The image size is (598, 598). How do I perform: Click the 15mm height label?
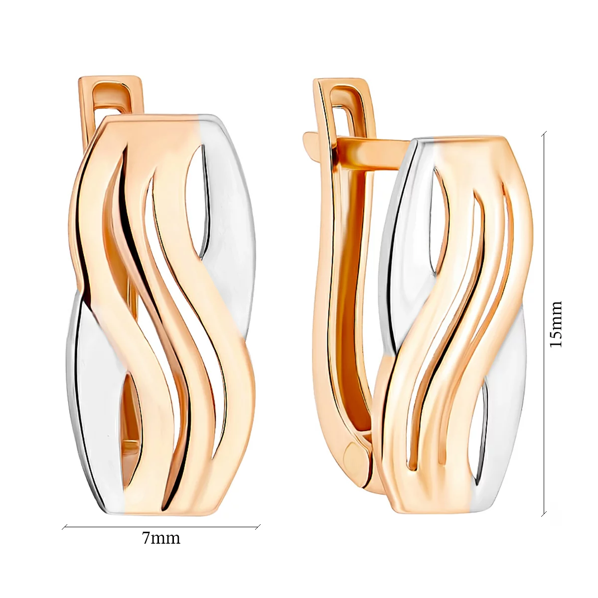(x=555, y=324)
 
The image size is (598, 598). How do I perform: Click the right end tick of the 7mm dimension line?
(x=258, y=527)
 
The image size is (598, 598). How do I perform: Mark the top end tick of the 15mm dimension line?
(x=544, y=134)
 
